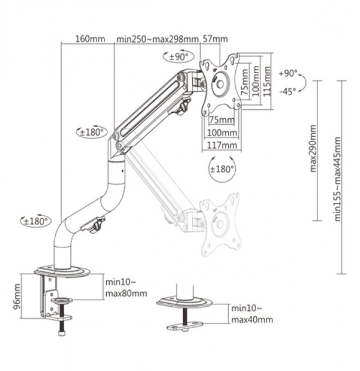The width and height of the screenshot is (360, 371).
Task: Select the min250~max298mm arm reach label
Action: pyautogui.click(x=156, y=39)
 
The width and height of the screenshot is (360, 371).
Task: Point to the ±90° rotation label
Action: pyautogui.click(x=176, y=57)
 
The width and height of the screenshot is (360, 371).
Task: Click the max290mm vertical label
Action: pyautogui.click(x=313, y=149)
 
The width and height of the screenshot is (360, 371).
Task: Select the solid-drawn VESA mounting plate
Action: pyautogui.click(x=220, y=83)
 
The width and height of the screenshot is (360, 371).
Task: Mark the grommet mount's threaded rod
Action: pyautogui.click(x=186, y=315)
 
